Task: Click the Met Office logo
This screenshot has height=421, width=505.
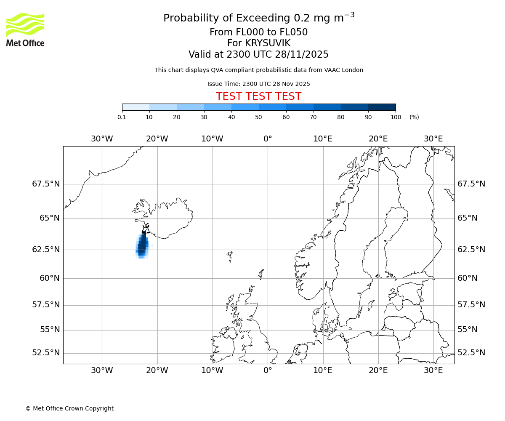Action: [x=25, y=29]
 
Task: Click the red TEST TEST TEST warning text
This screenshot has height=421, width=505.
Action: [x=258, y=96]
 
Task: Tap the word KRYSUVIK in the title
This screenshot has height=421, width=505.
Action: [x=259, y=43]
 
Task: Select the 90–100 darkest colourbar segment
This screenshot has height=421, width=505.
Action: [x=382, y=107]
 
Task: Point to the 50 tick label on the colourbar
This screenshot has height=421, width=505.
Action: [x=258, y=117]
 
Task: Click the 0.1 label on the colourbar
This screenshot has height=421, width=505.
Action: [x=122, y=117]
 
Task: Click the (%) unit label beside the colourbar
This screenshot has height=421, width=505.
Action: [x=414, y=117]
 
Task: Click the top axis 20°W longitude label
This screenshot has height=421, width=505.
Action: [x=157, y=139]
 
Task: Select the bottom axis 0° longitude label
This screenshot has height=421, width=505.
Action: [x=268, y=370]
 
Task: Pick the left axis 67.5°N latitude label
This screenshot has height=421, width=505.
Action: [x=46, y=184]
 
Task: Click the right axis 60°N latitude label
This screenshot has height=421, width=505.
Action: [x=468, y=278]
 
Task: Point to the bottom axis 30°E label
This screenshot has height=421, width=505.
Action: [x=433, y=370]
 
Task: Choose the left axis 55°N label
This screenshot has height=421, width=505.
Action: [x=50, y=330]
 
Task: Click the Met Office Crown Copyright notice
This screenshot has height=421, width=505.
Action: [x=69, y=408]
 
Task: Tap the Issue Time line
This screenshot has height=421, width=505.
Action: [x=258, y=84]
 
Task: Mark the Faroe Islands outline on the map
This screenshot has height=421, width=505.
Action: [x=230, y=256]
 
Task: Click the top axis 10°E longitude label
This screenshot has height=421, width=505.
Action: [x=323, y=139]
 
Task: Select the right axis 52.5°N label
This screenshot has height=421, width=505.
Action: [x=471, y=353]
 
